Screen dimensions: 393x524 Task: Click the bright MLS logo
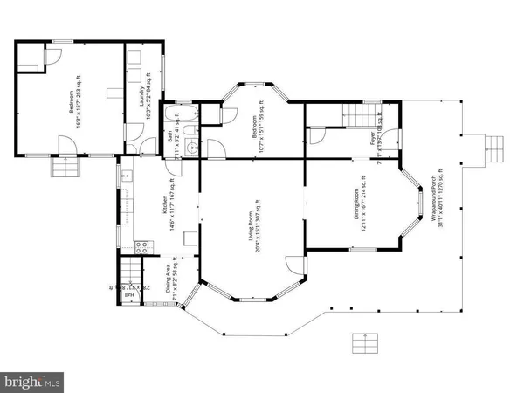33,381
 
